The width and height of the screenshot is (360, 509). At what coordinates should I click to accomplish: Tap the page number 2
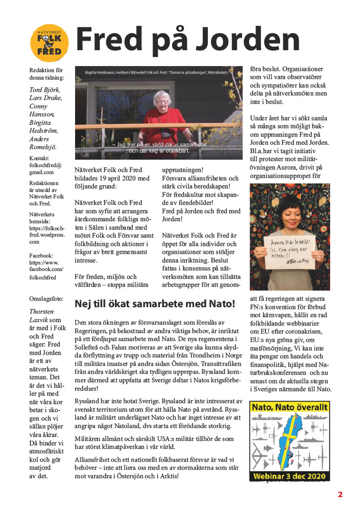tap(341, 494)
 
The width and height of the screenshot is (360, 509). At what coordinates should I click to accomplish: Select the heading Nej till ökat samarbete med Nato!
tap(155, 303)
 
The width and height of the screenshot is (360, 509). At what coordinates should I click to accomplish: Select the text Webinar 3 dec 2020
tap(289, 476)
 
